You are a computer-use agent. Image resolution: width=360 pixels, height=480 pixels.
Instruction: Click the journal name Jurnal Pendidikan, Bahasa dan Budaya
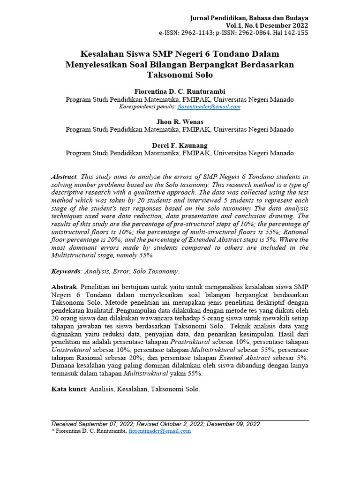tap(249, 18)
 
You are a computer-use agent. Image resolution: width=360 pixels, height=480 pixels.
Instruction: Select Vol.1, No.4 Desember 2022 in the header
tap(267, 25)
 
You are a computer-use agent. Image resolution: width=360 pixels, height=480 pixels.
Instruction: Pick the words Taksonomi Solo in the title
tap(180, 75)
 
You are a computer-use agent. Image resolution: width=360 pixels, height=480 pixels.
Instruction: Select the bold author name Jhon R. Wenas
tap(180, 122)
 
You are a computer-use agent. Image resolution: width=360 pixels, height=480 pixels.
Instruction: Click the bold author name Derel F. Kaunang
tap(180, 145)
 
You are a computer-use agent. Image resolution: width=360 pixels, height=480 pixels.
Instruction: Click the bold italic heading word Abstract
tap(63, 177)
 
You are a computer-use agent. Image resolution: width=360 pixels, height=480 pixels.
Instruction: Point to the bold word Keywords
tap(66, 271)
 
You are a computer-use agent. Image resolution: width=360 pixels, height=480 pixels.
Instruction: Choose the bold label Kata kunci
tap(68, 389)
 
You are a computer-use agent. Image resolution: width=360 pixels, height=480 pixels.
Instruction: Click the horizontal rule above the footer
tap(180, 420)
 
